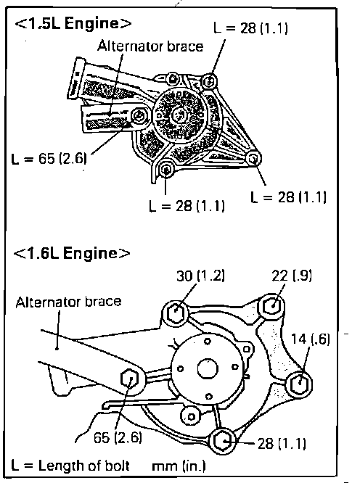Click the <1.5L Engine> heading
[73, 24]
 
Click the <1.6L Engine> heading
[72, 254]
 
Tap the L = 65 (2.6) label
[49, 158]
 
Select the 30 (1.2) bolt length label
[200, 276]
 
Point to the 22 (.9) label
[292, 276]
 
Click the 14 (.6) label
[311, 339]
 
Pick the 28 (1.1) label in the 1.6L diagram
[282, 443]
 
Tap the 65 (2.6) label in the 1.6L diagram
[118, 437]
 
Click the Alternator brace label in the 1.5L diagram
[150, 46]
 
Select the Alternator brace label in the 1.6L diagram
[68, 302]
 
